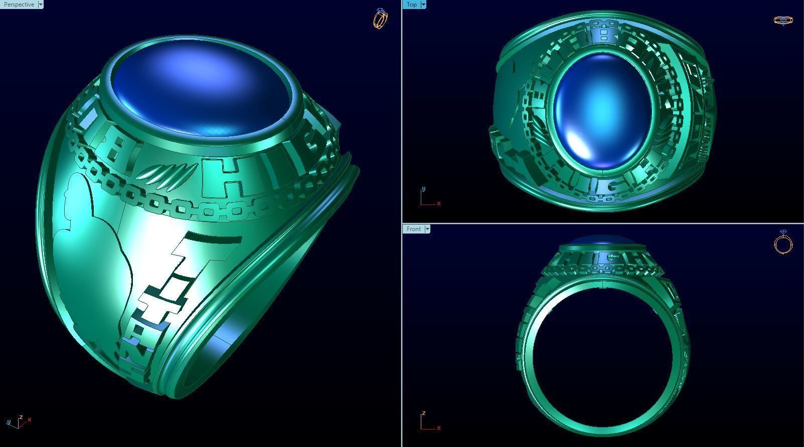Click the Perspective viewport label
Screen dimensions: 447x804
point(19,5)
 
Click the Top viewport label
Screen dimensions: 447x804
point(411,5)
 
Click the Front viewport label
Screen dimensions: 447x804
point(413,229)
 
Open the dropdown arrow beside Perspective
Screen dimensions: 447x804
point(41,5)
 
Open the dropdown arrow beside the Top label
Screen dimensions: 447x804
point(423,5)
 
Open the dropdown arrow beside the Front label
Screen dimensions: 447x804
point(427,229)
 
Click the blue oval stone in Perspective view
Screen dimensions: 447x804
point(201,90)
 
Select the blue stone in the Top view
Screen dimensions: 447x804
point(602,110)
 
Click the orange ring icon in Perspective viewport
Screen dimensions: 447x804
point(380,19)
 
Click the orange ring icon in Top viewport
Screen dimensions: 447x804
point(783,21)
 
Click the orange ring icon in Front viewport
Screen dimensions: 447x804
point(783,243)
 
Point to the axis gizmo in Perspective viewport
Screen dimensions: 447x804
point(18,422)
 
